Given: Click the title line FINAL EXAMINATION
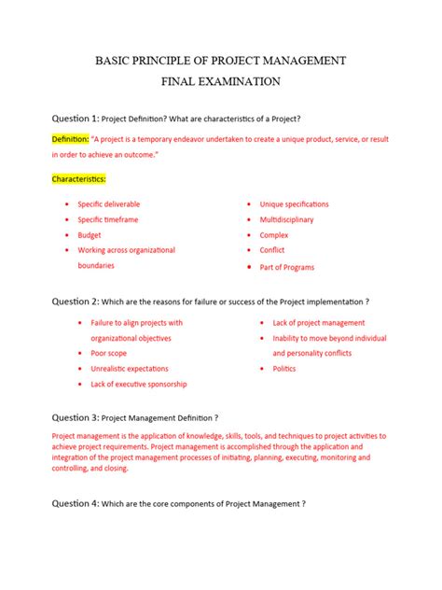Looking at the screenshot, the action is [220, 82].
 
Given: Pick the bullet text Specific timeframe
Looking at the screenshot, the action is [108, 219].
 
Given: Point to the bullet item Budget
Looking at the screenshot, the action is [90, 235].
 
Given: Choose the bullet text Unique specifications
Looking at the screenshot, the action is [294, 204].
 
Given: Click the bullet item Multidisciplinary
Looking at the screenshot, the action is [286, 219].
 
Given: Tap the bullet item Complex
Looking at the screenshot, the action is [274, 235].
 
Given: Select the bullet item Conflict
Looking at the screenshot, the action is [272, 250].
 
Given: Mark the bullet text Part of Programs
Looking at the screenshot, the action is [287, 267].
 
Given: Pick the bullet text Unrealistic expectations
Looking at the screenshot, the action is [129, 369].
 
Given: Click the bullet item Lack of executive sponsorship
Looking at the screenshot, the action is [138, 384].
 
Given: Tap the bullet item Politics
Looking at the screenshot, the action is [284, 369].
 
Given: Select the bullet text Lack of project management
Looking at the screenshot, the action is [319, 323].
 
